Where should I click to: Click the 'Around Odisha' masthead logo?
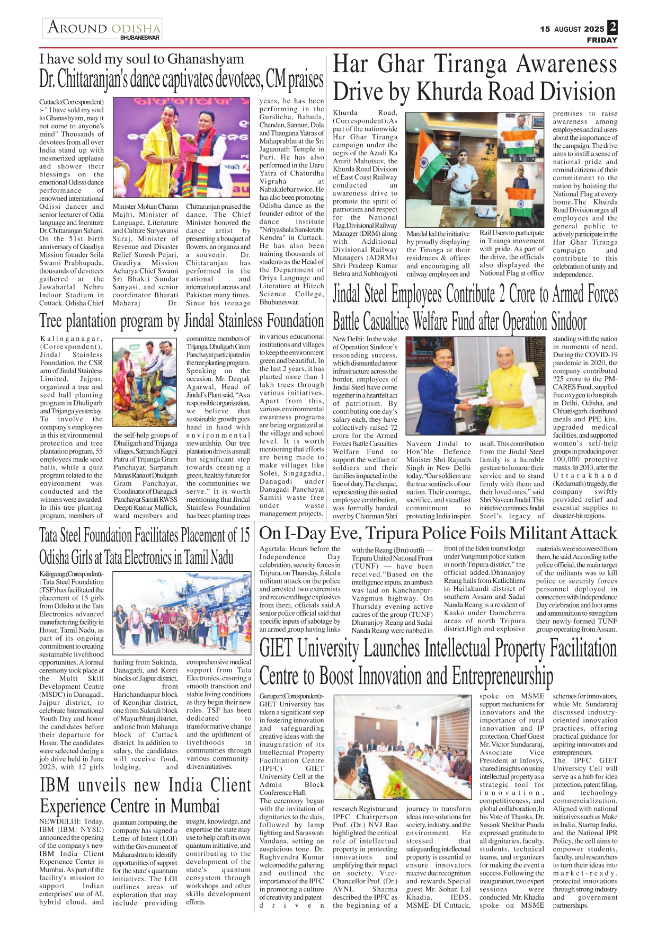pyautogui.click(x=104, y=28)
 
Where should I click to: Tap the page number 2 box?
pyautogui.click(x=612, y=27)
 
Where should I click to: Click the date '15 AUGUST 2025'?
pyautogui.click(x=572, y=29)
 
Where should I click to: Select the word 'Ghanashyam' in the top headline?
pyautogui.click(x=206, y=59)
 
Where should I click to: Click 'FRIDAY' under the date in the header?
pyautogui.click(x=602, y=40)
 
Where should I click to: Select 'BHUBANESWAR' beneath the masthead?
pyautogui.click(x=140, y=38)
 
